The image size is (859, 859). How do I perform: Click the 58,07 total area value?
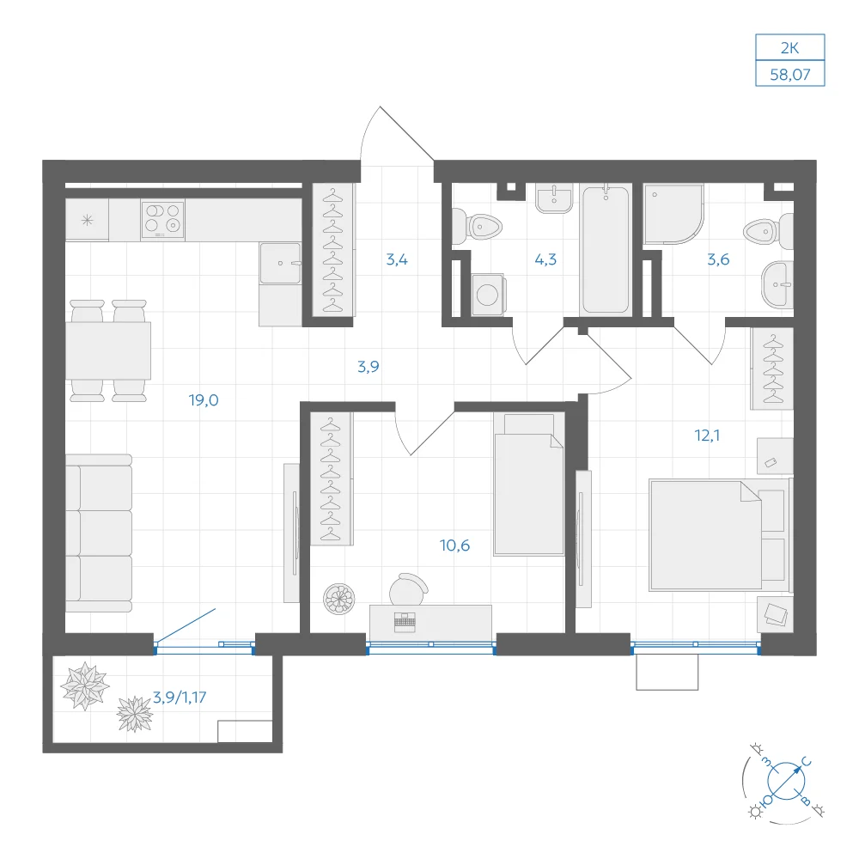pos(789,75)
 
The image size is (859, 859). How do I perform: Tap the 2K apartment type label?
pos(789,48)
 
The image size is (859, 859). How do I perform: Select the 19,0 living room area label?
pos(204,400)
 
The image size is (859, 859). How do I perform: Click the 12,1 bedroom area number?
pos(707,436)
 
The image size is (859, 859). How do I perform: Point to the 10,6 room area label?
pos(454,545)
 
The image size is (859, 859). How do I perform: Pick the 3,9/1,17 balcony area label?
pos(180,698)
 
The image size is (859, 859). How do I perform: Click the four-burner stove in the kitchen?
pos(162,219)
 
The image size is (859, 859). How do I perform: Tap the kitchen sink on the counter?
pos(281,264)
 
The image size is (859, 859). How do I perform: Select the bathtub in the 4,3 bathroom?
pos(606,250)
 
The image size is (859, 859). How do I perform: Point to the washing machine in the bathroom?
pos(488,295)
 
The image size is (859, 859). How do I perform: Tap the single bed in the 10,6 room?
pos(528,484)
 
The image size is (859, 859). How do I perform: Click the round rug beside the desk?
pos(339,599)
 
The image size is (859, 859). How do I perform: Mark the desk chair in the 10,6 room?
pos(408,589)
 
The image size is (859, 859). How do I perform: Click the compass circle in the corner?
pos(786,781)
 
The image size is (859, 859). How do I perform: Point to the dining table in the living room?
pos(108,350)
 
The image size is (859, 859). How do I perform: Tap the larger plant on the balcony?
pos(84,685)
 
